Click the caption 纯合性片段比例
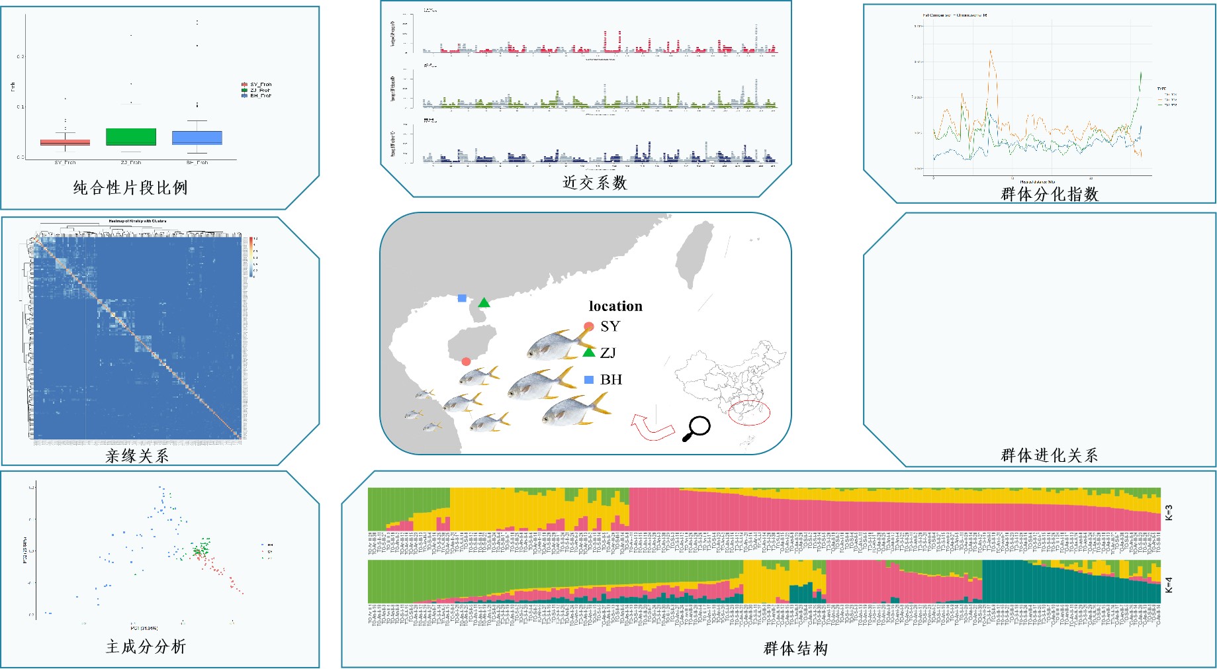(130, 188)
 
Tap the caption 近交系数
(594, 183)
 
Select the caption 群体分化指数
(1050, 195)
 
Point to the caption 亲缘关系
(137, 456)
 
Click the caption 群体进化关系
(1050, 455)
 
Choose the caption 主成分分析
(146, 647)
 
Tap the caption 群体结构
(795, 648)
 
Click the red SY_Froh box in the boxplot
(65, 142)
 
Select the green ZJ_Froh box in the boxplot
(131, 137)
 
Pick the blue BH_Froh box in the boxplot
(197, 138)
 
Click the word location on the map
(615, 306)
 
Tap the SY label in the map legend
(610, 326)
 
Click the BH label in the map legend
(611, 380)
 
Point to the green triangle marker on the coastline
(484, 303)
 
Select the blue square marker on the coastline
(462, 298)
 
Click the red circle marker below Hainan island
(466, 361)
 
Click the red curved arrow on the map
(651, 427)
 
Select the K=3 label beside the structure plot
(1169, 512)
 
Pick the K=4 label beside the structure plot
(1169, 585)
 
